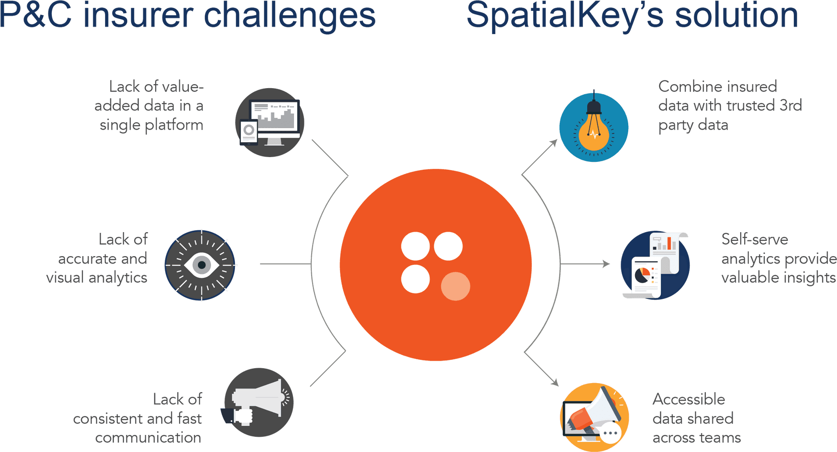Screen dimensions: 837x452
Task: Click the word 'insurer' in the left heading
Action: pyautogui.click(x=138, y=15)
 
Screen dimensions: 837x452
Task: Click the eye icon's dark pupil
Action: pyautogui.click(x=201, y=265)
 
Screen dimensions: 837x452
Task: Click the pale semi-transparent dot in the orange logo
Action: pyautogui.click(x=456, y=286)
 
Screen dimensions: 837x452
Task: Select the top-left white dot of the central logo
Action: pyautogui.click(x=415, y=246)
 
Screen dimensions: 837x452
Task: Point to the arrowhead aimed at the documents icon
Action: pyautogui.click(x=606, y=264)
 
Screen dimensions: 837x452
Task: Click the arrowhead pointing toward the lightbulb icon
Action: pyautogui.click(x=554, y=143)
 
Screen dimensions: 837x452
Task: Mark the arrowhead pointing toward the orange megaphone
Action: pyautogui.click(x=555, y=383)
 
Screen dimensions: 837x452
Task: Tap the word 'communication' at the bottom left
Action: pyautogui.click(x=148, y=438)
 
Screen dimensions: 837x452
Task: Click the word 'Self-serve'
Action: pyautogui.click(x=755, y=239)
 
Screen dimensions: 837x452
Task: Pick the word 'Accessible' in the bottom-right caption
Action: pyautogui.click(x=689, y=399)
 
